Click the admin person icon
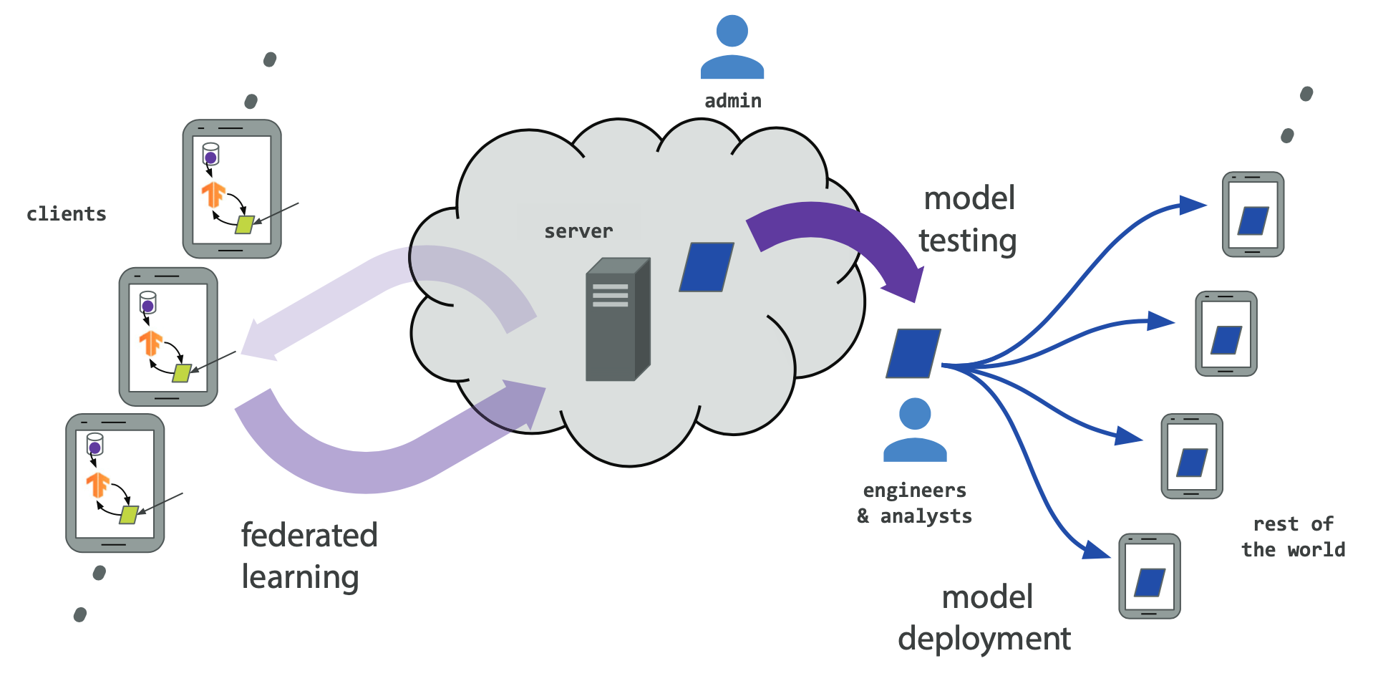point(732,49)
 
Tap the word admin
point(733,101)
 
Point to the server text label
point(578,231)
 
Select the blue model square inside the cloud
point(706,267)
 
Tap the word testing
point(968,241)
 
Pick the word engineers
point(915,491)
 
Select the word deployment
point(984,639)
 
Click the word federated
point(309,536)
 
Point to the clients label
point(67,214)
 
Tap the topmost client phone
point(232,189)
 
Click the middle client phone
point(168,337)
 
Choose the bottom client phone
point(115,483)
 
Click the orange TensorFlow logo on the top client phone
point(213,194)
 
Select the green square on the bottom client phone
point(129,514)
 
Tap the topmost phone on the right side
point(1253,214)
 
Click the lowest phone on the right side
point(1150,576)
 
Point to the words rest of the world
point(1293,537)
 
